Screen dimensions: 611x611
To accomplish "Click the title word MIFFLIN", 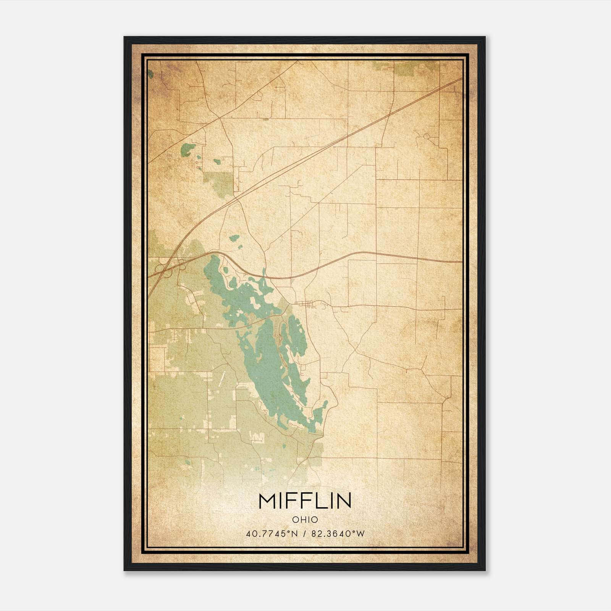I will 305,501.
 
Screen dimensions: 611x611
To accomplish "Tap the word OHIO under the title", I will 305,520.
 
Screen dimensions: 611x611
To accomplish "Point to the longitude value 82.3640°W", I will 338,534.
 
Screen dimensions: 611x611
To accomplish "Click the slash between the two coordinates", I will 304,534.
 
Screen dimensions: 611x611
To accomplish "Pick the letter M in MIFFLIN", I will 267,501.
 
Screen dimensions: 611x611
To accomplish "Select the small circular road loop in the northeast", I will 427,136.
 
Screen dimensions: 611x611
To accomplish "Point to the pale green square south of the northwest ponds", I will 218,184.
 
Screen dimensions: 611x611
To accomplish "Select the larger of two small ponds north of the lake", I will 234,238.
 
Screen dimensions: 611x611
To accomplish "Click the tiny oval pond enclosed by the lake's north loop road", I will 226,270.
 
